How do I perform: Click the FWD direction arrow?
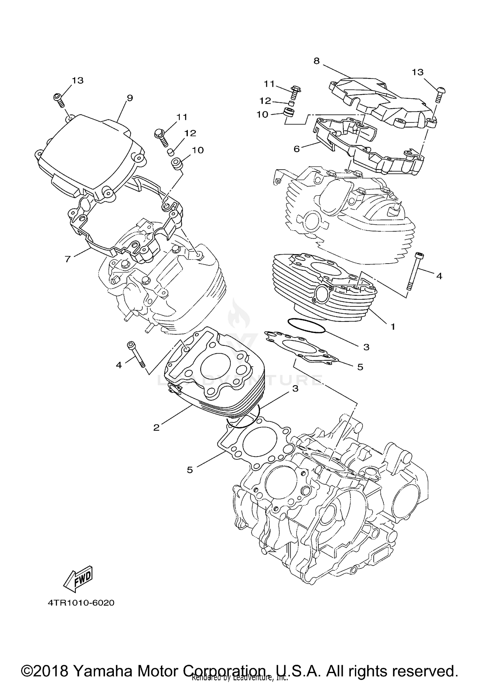pyautogui.click(x=78, y=579)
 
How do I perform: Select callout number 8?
pyautogui.click(x=316, y=61)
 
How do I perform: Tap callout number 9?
pyautogui.click(x=130, y=98)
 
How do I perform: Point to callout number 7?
pyautogui.click(x=68, y=258)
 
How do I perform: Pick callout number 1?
pyautogui.click(x=393, y=327)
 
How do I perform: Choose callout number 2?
pyautogui.click(x=156, y=427)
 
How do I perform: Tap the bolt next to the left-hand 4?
pyautogui.click(x=136, y=354)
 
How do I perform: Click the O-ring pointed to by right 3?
pyautogui.click(x=307, y=326)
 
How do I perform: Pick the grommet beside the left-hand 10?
pyautogui.click(x=177, y=163)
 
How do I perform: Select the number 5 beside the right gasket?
pyautogui.click(x=360, y=367)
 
